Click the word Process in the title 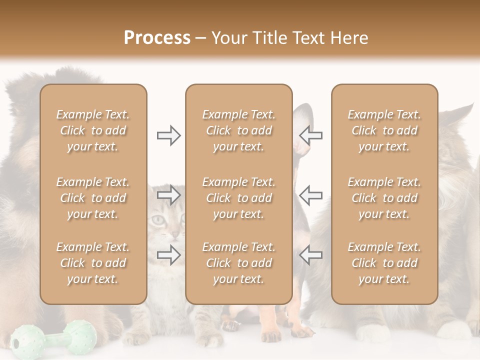157,38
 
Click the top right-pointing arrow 168,135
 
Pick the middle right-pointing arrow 168,195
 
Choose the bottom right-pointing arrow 168,255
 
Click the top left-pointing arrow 310,135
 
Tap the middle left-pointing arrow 310,195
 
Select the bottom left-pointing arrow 310,255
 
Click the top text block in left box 93,130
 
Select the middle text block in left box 93,198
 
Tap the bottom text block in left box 93,263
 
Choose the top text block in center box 238,130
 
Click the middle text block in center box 238,198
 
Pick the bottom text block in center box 238,263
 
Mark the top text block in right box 384,130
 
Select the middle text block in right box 384,198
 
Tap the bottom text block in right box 384,263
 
